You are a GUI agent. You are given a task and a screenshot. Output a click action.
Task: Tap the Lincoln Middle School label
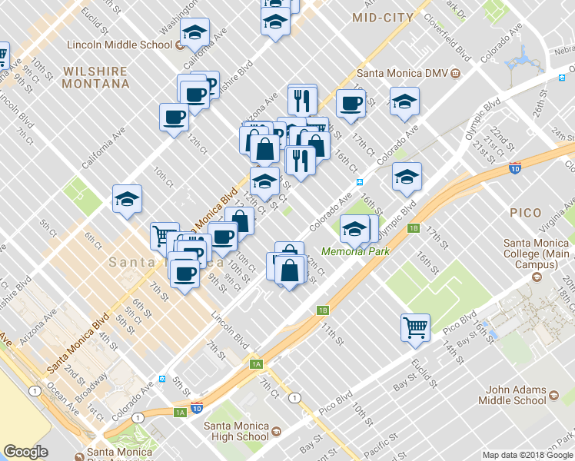(119, 45)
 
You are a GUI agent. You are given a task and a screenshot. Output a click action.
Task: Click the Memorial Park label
(355, 251)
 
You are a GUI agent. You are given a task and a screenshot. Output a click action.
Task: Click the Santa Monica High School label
(231, 431)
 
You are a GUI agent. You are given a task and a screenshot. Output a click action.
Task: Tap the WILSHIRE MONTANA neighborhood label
(95, 77)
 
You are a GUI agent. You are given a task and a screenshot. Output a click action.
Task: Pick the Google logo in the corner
(25, 452)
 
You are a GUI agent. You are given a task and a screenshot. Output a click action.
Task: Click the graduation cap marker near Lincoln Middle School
(196, 32)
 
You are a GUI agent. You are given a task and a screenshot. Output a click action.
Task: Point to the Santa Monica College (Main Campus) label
(536, 254)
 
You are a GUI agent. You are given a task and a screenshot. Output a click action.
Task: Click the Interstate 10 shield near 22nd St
(514, 167)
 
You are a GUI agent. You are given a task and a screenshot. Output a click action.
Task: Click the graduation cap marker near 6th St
(127, 199)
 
